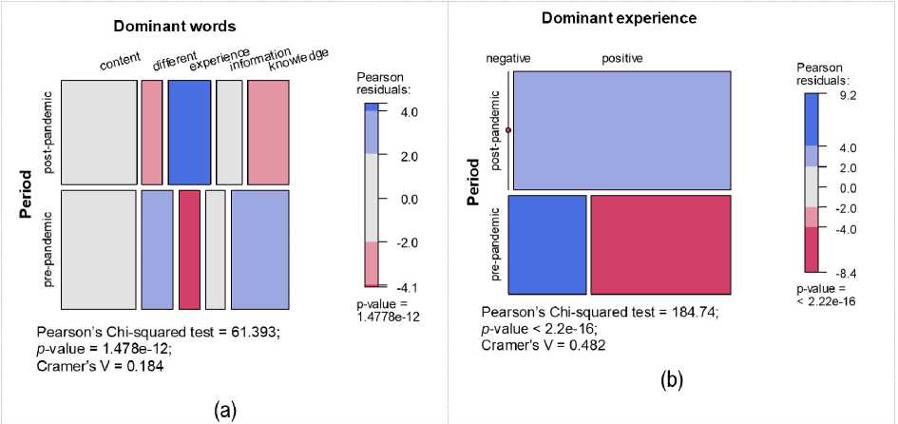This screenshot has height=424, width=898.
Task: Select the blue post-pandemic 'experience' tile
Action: [x=189, y=132]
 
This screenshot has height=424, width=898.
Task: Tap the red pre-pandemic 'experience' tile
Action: [x=189, y=249]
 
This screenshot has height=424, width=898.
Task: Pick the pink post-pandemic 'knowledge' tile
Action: [x=267, y=132]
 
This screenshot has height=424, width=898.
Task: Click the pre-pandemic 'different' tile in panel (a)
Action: [x=157, y=249]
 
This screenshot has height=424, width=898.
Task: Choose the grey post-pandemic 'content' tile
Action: [x=99, y=132]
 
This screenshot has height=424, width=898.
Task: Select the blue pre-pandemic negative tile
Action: [x=547, y=244]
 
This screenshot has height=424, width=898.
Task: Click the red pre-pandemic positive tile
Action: [x=660, y=244]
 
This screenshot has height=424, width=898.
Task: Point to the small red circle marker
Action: [x=508, y=130]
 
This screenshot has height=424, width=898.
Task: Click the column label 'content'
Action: [x=121, y=65]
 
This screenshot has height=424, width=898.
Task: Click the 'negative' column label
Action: [x=508, y=59]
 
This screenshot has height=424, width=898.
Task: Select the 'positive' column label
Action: [x=622, y=59]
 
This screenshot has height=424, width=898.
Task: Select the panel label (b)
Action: [x=672, y=380]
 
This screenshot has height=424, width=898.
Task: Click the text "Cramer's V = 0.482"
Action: [x=545, y=344]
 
